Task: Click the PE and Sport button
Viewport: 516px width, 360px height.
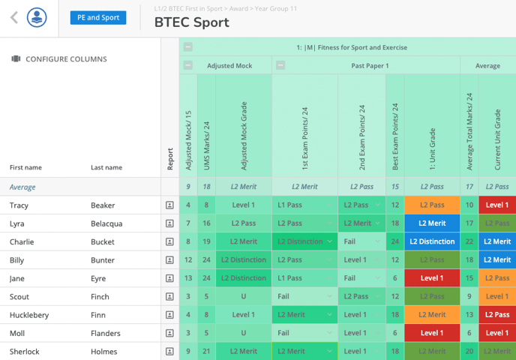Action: (98, 18)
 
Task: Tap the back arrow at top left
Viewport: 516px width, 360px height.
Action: (13, 18)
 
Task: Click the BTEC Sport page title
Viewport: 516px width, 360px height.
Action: (191, 22)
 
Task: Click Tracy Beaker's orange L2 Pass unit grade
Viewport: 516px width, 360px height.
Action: (432, 205)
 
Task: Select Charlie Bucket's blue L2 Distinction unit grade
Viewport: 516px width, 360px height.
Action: (432, 241)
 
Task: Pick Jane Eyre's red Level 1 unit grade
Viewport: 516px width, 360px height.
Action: (432, 278)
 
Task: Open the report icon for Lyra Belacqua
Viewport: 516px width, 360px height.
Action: (170, 223)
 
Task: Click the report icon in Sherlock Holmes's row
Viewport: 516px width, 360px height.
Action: (170, 351)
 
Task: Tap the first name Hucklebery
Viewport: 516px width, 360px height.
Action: (29, 315)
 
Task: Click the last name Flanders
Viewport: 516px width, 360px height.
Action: (106, 333)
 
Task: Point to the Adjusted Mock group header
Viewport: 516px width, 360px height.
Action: (229, 66)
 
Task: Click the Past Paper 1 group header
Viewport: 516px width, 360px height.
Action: (370, 66)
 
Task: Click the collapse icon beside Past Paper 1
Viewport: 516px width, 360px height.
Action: (280, 66)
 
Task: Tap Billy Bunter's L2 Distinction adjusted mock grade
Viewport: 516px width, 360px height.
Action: (244, 260)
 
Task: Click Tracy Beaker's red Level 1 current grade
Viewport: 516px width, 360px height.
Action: (496, 205)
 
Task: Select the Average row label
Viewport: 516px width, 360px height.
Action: (22, 187)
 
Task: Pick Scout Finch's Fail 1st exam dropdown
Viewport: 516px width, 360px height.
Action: (304, 296)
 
